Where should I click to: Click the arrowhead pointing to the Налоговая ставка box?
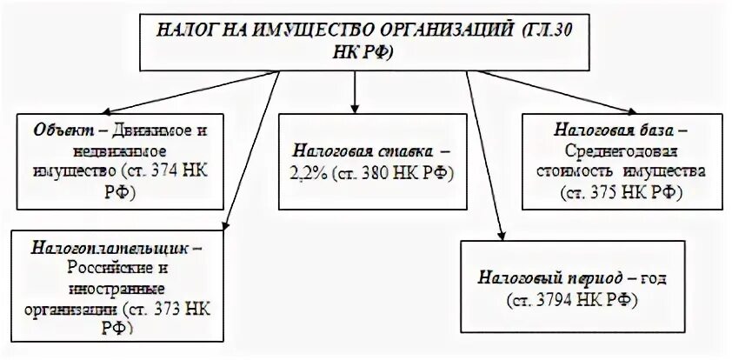pyautogui.click(x=355, y=102)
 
